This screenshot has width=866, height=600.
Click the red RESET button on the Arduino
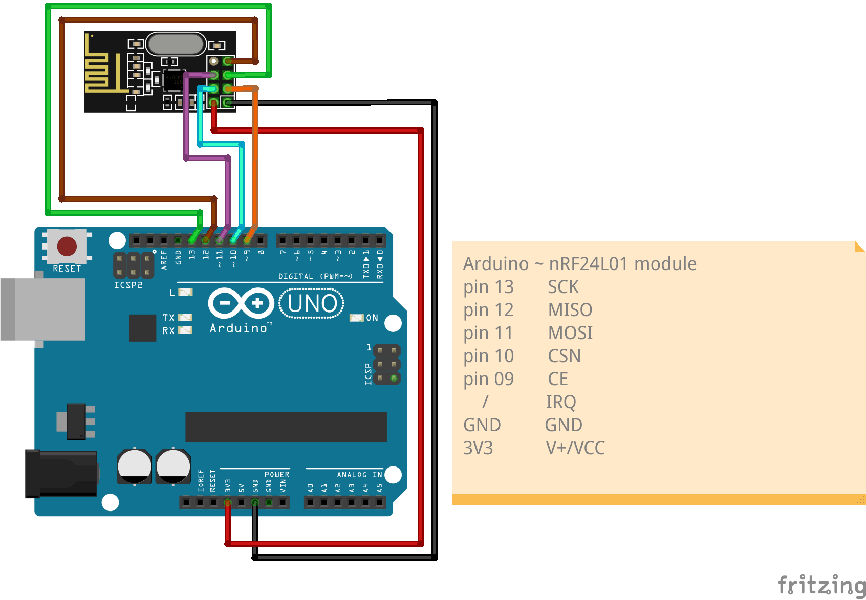click(x=67, y=246)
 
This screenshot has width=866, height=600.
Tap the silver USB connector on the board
click(x=43, y=309)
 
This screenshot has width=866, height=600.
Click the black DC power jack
click(x=61, y=473)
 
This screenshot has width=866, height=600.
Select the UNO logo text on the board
click(x=312, y=303)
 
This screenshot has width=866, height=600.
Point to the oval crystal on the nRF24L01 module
click(x=176, y=44)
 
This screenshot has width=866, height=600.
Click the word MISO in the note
click(x=570, y=310)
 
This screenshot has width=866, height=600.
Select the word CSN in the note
click(x=564, y=356)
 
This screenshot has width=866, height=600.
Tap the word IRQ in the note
click(x=560, y=402)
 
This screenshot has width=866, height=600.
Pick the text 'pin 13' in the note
click(x=488, y=287)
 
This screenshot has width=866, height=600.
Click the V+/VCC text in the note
click(x=575, y=448)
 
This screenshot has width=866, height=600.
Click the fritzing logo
click(x=821, y=585)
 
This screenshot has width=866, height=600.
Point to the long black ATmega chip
click(x=286, y=427)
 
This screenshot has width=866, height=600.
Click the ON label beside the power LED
click(x=372, y=318)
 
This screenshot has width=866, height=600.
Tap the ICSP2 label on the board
click(x=128, y=285)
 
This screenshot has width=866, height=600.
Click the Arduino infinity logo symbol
click(x=241, y=303)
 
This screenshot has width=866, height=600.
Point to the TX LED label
click(x=168, y=318)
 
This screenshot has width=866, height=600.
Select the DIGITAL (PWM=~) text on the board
click(x=315, y=276)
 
